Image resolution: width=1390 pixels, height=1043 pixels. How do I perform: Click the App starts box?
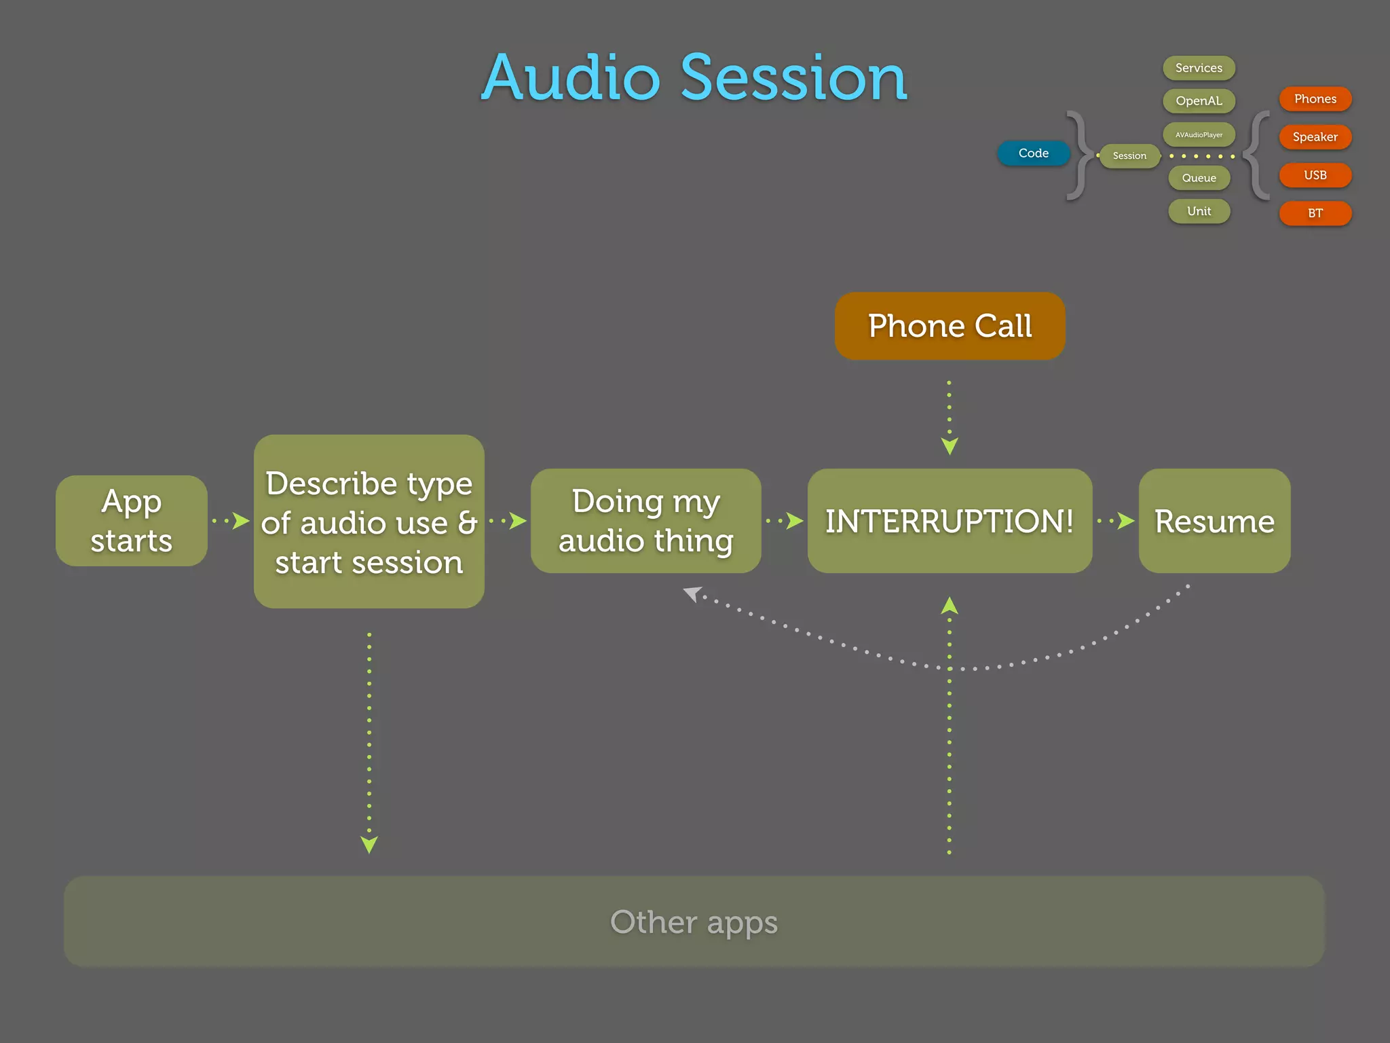click(x=131, y=521)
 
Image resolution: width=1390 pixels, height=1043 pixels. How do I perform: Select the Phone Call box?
click(x=950, y=326)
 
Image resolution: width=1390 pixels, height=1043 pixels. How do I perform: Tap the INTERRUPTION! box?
click(x=950, y=521)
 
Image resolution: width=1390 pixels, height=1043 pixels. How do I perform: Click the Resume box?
click(x=1214, y=521)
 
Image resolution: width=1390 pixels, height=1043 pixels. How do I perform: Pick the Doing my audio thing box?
click(x=645, y=521)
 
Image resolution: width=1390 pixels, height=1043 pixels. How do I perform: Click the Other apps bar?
click(x=694, y=921)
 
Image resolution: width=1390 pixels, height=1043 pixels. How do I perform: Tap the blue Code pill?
click(x=1033, y=153)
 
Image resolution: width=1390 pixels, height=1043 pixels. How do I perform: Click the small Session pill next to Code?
click(x=1129, y=155)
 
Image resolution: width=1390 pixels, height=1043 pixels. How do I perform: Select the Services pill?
click(x=1199, y=68)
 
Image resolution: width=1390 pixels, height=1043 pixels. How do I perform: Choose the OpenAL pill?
click(x=1199, y=101)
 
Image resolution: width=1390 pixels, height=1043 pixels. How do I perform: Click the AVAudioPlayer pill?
click(x=1199, y=134)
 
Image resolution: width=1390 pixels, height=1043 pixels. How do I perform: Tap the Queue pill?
click(x=1199, y=178)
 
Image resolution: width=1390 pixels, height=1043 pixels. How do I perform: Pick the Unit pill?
click(x=1199, y=211)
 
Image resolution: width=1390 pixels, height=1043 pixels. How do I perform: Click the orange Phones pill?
click(x=1315, y=99)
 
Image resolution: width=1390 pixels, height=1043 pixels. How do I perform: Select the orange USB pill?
click(x=1315, y=175)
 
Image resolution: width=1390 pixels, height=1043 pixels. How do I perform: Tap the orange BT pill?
click(x=1315, y=213)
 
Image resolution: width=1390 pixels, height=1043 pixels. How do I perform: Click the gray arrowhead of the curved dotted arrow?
click(x=692, y=594)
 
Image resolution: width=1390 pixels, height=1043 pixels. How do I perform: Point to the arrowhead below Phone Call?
click(x=950, y=446)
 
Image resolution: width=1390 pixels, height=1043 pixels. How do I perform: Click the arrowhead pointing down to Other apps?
click(x=369, y=845)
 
